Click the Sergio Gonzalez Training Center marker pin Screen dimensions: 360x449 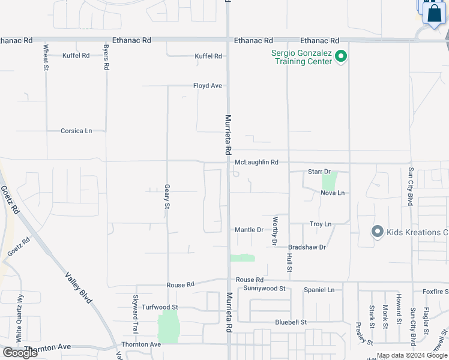point(341,58)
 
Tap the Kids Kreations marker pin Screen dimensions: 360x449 point(377,232)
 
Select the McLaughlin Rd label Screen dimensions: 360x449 point(256,163)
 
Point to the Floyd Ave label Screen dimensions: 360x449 point(208,86)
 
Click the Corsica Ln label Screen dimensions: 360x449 point(76,131)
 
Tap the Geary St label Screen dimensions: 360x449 point(167,197)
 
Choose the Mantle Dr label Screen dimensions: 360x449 point(249,230)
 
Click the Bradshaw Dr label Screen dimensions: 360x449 point(307,247)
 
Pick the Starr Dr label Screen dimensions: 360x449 point(319,172)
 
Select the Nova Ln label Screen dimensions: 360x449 point(333,193)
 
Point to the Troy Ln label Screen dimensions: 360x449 point(321,224)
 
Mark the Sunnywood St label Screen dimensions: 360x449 point(264,289)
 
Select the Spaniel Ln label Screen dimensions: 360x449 point(319,290)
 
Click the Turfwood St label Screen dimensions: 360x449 point(160,307)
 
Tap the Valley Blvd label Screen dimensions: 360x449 point(79,287)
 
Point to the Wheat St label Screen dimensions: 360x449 point(46,57)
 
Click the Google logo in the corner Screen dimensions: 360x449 point(20,353)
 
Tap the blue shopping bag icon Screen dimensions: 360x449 point(433,13)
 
